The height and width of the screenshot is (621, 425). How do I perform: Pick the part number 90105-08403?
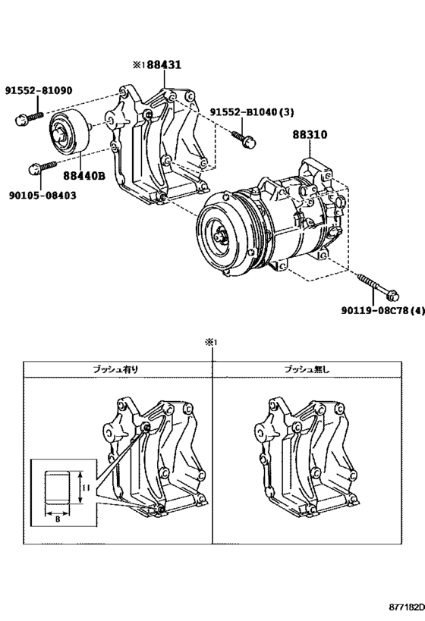tap(43, 195)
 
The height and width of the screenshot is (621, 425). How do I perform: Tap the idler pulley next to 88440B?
tap(67, 133)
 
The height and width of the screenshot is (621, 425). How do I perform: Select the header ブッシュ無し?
tap(307, 369)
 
